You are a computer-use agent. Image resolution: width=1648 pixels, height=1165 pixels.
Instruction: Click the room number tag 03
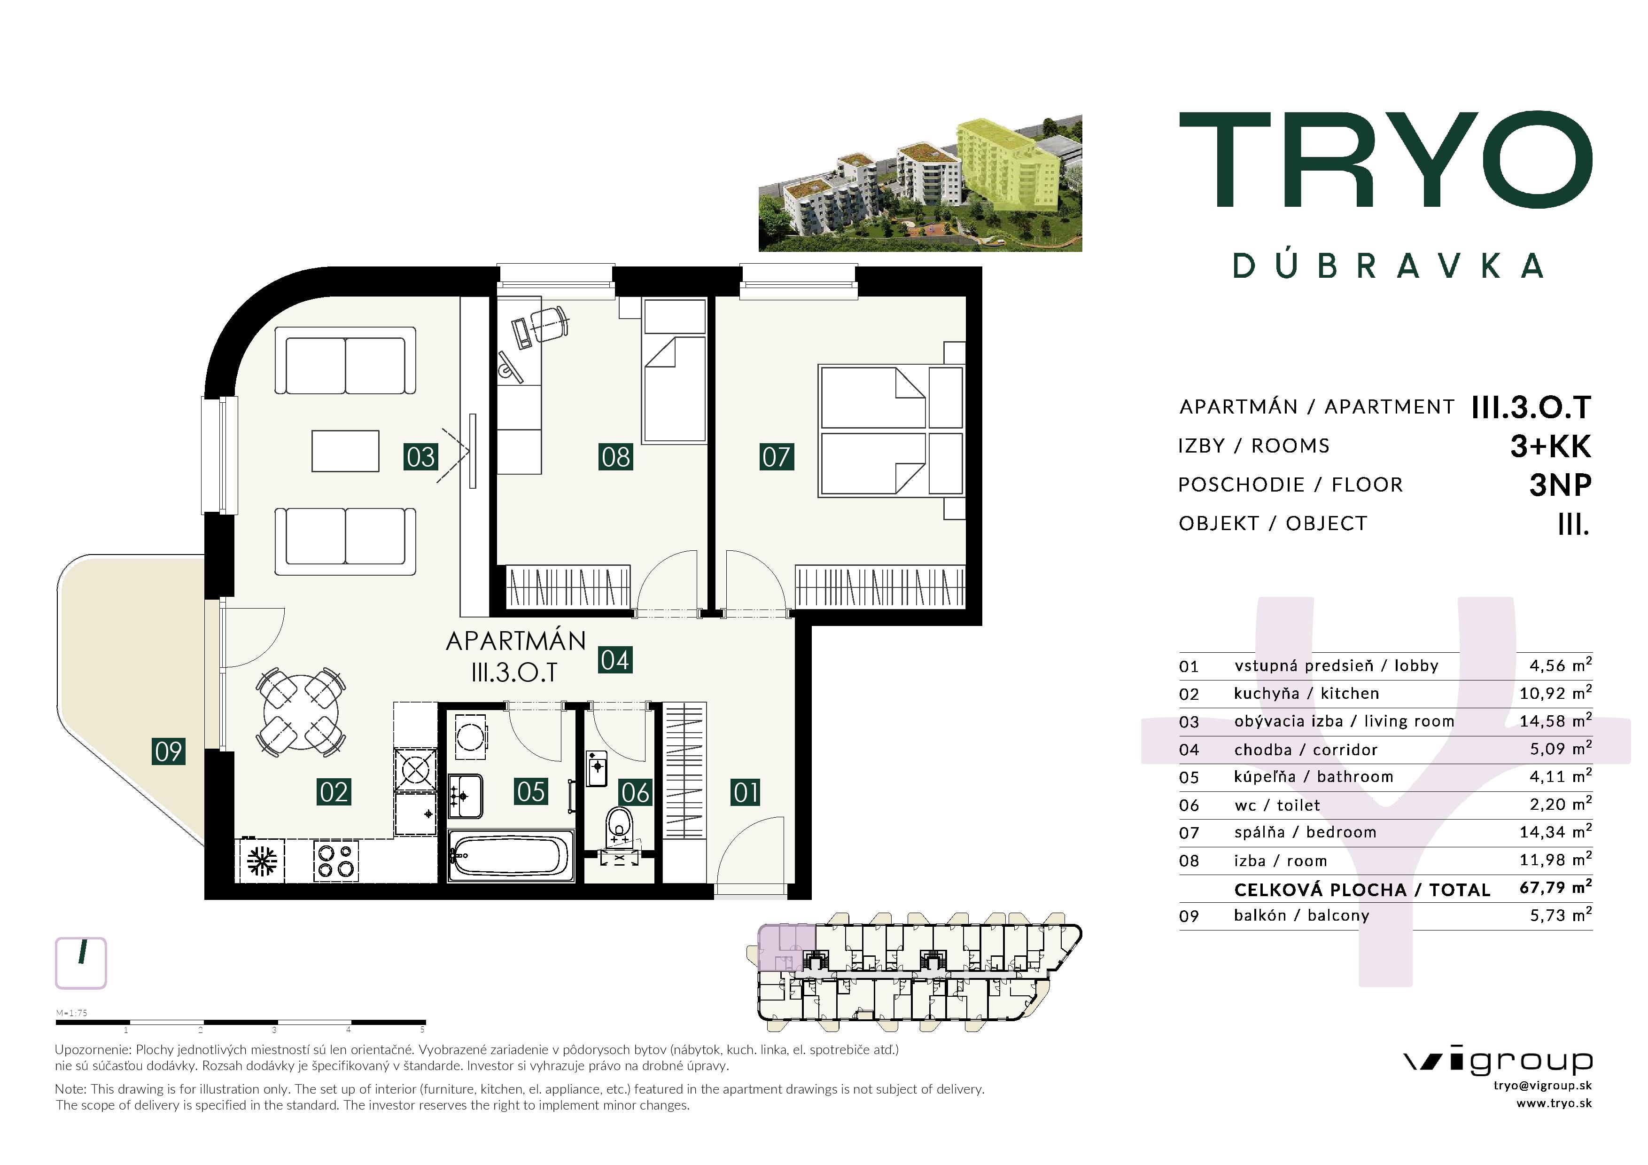pos(420,456)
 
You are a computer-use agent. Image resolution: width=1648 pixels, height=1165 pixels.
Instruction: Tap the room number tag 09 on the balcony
pos(169,751)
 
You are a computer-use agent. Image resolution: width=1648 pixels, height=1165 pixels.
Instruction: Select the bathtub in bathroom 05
pos(510,855)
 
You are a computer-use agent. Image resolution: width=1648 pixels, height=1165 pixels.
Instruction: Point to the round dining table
pos(301,712)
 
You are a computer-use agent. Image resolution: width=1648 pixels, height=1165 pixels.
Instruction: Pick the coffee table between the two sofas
pos(345,451)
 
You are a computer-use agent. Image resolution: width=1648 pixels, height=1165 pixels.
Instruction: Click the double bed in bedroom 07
pos(891,431)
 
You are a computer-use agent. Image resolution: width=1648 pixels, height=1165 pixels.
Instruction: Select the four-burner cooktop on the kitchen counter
pos(336,861)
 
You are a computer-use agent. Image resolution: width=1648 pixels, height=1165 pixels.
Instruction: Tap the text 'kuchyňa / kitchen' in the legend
pos(1306,693)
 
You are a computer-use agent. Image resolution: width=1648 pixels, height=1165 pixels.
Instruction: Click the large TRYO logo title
pos(1385,159)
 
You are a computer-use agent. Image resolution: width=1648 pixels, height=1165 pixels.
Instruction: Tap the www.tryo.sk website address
pos(1554,1103)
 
